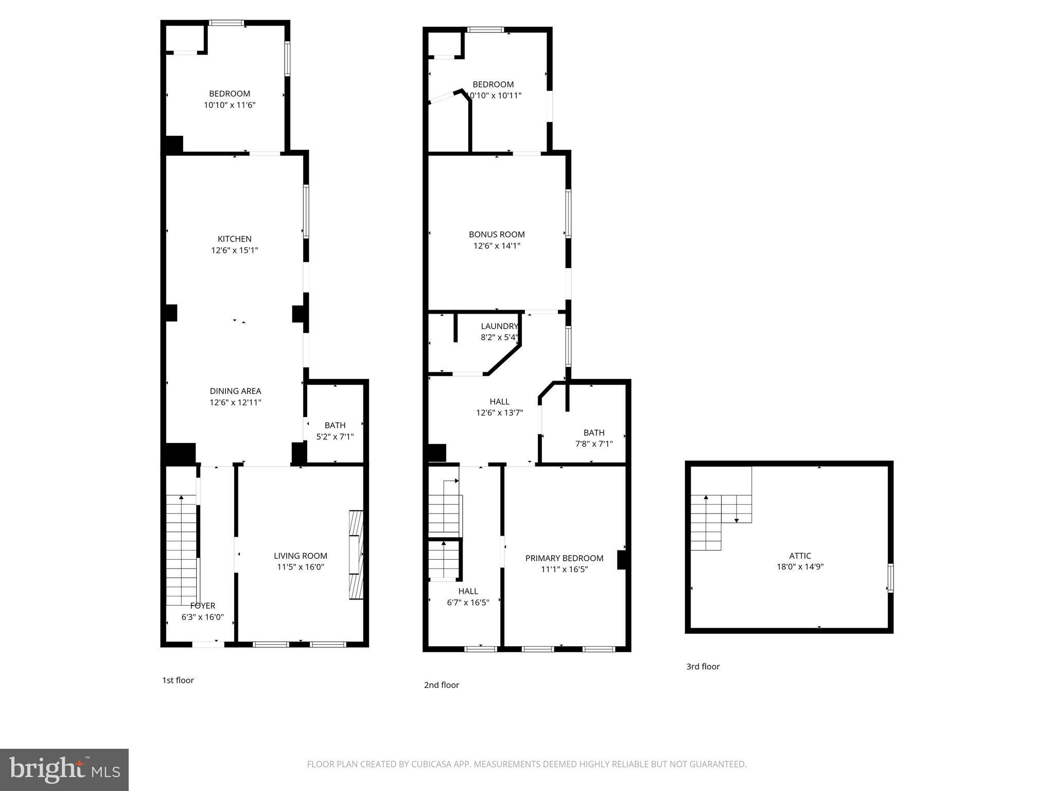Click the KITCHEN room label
[x=235, y=239]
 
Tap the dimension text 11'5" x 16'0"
[x=301, y=567]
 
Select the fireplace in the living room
[x=356, y=555]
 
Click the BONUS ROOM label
[x=497, y=234]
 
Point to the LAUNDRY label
[x=499, y=326]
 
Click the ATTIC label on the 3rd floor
[x=800, y=556]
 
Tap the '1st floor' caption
[x=178, y=680]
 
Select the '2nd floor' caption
[x=442, y=685]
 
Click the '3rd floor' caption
[x=703, y=666]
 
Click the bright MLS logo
[x=64, y=770]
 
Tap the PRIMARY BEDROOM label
[x=564, y=558]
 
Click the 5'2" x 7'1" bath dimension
[x=335, y=437]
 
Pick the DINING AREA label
[x=235, y=391]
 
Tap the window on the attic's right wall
[x=890, y=578]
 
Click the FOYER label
[x=203, y=606]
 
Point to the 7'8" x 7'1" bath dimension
[x=594, y=444]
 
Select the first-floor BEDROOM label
[x=230, y=94]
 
